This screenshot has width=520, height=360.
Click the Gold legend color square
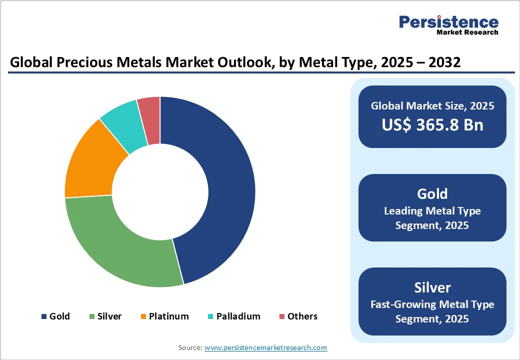pyautogui.click(x=43, y=316)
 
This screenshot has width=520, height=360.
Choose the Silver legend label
pyautogui.click(x=109, y=316)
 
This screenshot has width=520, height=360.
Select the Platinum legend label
pyautogui.click(x=168, y=316)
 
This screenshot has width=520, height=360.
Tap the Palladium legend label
pyautogui.click(x=238, y=316)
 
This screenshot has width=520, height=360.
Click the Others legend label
pyautogui.click(x=302, y=316)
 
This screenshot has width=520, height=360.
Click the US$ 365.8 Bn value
pyautogui.click(x=432, y=124)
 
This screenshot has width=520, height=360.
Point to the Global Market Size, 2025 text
pyautogui.click(x=432, y=105)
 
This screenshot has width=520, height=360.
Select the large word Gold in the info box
pyautogui.click(x=432, y=193)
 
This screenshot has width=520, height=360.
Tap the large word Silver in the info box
pyautogui.click(x=432, y=287)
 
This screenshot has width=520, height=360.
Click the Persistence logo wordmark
pyautogui.click(x=448, y=22)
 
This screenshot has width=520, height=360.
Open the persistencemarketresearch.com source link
pyautogui.click(x=265, y=347)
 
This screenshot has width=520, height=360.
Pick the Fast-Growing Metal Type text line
pyautogui.click(x=432, y=304)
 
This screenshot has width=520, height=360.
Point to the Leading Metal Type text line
pyautogui.click(x=432, y=211)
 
